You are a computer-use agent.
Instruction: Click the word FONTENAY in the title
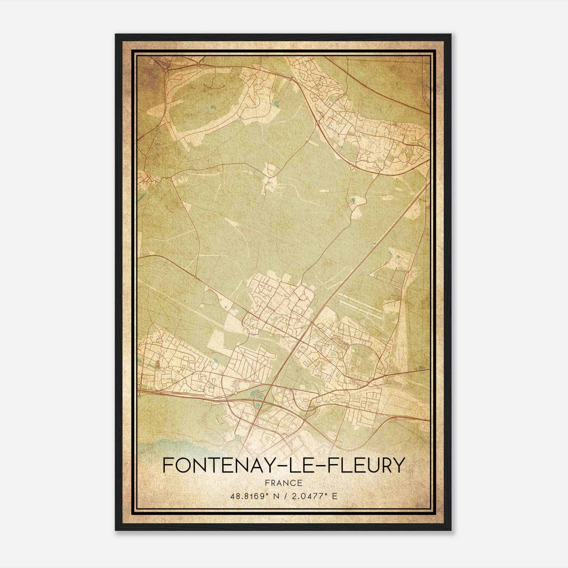point(215,465)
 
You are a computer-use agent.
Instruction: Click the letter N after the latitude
point(273,496)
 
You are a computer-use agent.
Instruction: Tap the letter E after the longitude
point(334,496)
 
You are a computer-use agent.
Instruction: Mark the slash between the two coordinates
point(284,496)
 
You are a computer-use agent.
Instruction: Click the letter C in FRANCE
point(291,483)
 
